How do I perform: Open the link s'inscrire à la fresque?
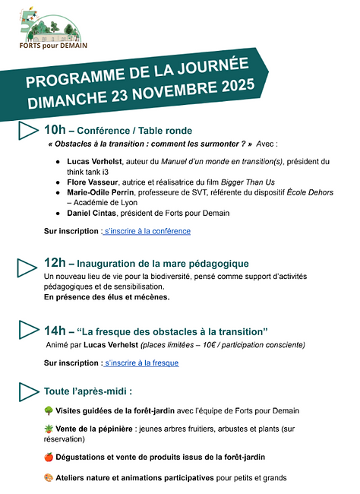[141, 363]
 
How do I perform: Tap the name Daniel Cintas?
[98, 214]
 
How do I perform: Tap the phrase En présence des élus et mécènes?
[106, 297]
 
